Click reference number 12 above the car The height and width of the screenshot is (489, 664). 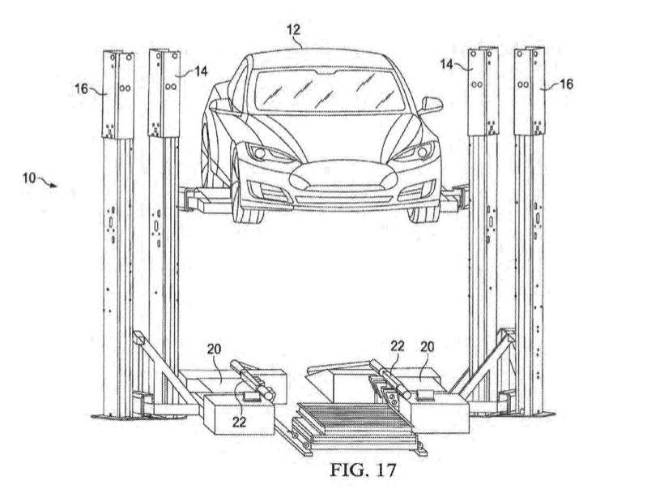point(293,30)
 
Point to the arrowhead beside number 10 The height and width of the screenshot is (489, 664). point(55,186)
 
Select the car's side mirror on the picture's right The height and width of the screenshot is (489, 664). point(432,105)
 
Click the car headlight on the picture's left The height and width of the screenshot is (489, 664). point(261,152)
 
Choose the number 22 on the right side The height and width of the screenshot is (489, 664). point(398,345)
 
